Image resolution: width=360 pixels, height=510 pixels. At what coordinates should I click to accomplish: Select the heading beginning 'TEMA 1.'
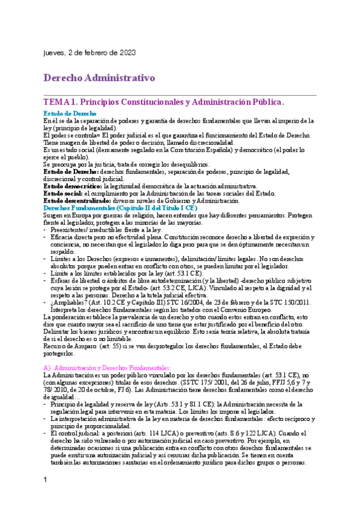163,103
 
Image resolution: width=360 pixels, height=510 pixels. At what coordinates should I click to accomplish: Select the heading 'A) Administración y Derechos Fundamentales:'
112,367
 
